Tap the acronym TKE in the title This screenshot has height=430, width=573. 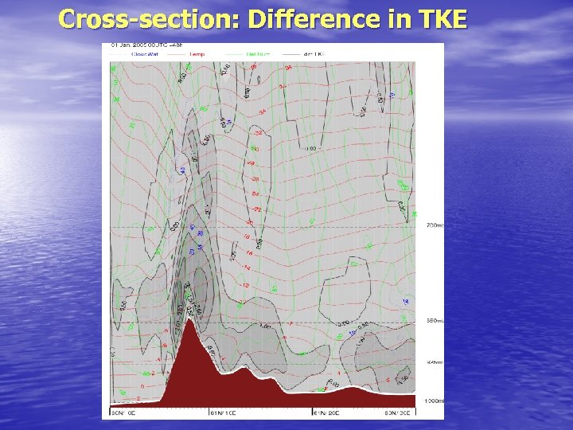coord(436,19)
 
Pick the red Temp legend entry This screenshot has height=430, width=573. coord(195,54)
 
